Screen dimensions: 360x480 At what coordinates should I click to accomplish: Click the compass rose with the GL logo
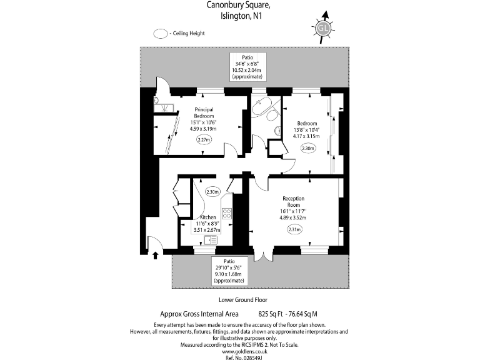tap(322, 28)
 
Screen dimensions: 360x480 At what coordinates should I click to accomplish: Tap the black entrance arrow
tap(156, 254)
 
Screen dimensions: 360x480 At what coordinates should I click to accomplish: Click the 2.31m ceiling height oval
tap(294, 229)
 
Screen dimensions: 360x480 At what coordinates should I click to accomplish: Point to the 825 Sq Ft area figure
tap(272, 314)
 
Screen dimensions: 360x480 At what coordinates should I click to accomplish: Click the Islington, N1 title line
tap(239, 17)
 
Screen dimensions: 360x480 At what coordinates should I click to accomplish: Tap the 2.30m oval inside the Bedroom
tap(307, 149)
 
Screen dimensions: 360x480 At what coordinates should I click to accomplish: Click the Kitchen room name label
tap(208, 217)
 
